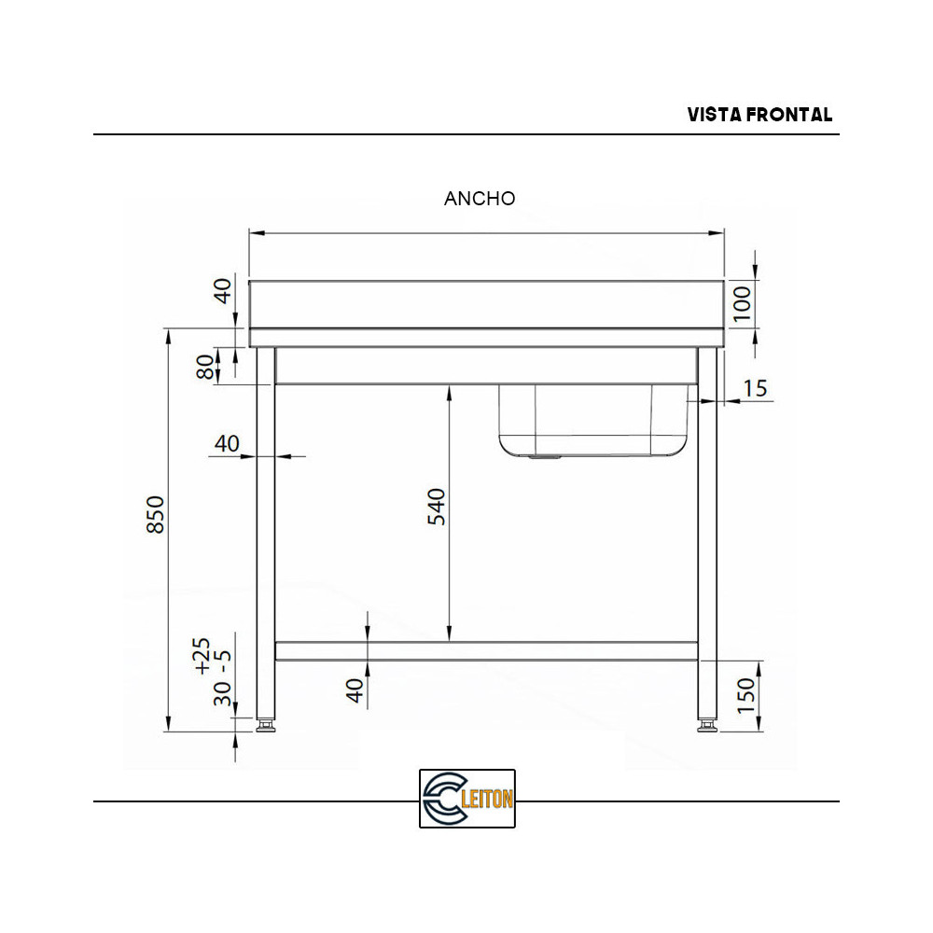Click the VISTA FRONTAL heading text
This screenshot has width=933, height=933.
tap(759, 115)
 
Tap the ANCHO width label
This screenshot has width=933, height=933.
tap(480, 199)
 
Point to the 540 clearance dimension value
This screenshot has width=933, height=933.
tap(438, 507)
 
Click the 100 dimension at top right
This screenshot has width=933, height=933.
tap(743, 304)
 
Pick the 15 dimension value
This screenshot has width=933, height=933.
tap(757, 387)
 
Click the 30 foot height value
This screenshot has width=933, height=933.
tap(222, 694)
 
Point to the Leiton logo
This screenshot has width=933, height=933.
tap(466, 799)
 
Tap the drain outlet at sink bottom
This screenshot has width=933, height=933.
tap(543, 458)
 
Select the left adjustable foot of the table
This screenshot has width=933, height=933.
tap(266, 724)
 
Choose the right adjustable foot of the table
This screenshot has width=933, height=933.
tap(707, 724)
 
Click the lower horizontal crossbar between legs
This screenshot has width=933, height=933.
tap(485, 650)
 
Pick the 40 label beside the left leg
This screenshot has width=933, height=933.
tap(227, 443)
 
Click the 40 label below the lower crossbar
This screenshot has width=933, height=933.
tap(355, 690)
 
